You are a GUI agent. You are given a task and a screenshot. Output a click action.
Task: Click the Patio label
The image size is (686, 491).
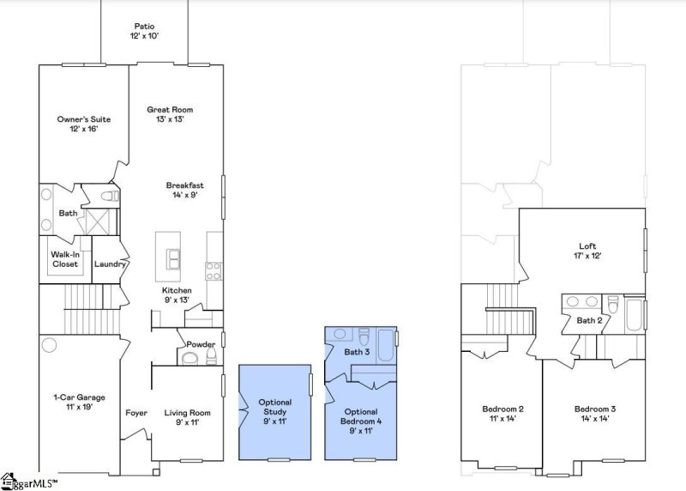(x=145, y=31)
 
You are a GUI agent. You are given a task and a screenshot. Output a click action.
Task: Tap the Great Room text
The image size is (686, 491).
(x=170, y=114)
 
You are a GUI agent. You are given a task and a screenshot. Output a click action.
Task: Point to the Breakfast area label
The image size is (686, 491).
(x=184, y=190)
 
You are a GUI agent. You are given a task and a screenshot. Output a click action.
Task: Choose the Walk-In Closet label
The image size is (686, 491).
(x=64, y=259)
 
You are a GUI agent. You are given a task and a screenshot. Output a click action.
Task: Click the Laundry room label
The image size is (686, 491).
(x=110, y=264)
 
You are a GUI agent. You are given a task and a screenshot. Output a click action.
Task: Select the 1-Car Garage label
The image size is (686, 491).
(x=79, y=402)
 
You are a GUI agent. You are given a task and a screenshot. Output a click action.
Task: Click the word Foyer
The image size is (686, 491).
(x=136, y=413)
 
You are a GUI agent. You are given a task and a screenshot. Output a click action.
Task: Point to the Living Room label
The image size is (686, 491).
(x=186, y=417)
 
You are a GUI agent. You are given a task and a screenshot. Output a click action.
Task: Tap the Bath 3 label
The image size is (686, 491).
(x=358, y=352)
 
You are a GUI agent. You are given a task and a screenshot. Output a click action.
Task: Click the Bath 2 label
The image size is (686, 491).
(x=589, y=320)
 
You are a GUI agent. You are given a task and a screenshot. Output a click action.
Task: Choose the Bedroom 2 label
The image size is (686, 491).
(x=502, y=414)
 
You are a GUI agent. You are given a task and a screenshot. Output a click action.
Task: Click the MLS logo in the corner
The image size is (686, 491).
(x=30, y=482)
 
